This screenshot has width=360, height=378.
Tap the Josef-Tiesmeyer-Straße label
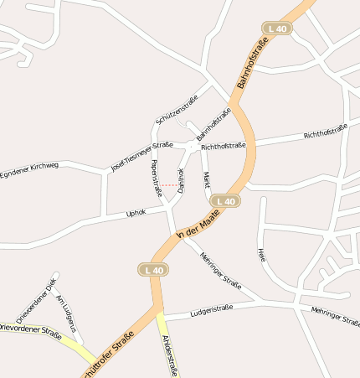pos(141,156)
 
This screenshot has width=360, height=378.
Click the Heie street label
pos(262,255)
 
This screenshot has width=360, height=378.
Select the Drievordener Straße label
pos(30,330)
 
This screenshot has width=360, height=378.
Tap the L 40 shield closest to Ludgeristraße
pos(153,269)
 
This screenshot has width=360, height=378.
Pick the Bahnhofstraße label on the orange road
pos(253,64)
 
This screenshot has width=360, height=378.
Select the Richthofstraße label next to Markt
pos(223,146)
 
